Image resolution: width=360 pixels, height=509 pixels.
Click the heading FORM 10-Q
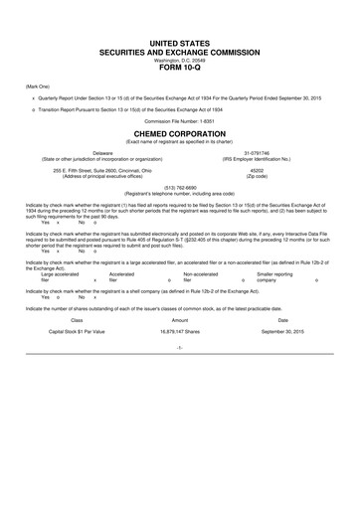[180, 69]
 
